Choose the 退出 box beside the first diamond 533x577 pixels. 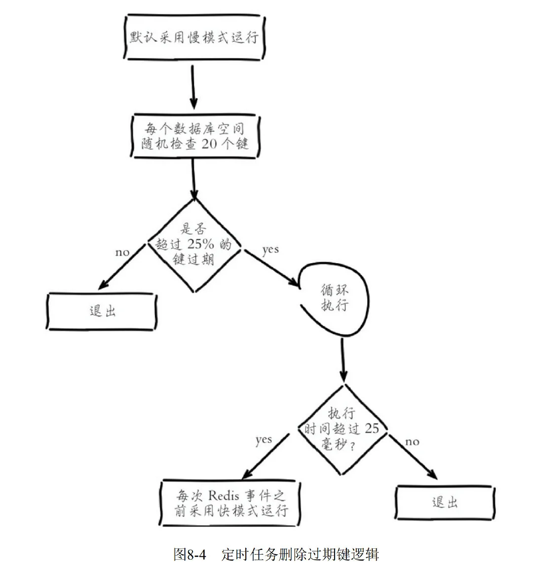click(x=102, y=311)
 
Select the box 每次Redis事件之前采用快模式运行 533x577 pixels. click(x=231, y=502)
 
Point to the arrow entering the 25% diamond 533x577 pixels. click(x=193, y=178)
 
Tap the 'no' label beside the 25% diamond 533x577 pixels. click(x=122, y=252)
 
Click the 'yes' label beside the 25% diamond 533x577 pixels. click(x=270, y=250)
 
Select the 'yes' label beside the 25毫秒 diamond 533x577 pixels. click(x=264, y=440)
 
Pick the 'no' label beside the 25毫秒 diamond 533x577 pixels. click(x=412, y=441)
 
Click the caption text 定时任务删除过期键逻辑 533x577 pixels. click(x=300, y=554)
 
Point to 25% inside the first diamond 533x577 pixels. click(x=201, y=244)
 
